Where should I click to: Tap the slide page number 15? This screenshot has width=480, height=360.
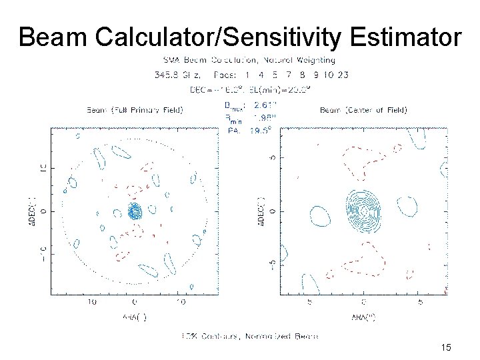coord(446,347)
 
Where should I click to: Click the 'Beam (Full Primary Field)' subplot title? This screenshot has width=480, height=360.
coord(135,109)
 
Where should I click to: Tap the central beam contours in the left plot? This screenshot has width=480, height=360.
coord(135,212)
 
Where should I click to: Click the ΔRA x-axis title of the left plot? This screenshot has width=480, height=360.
coord(135,317)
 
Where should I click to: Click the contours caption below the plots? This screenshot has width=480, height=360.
coord(250,335)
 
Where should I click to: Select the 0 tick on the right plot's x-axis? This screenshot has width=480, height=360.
coord(363,302)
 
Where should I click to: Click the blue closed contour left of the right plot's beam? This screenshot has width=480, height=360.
coord(320,215)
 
